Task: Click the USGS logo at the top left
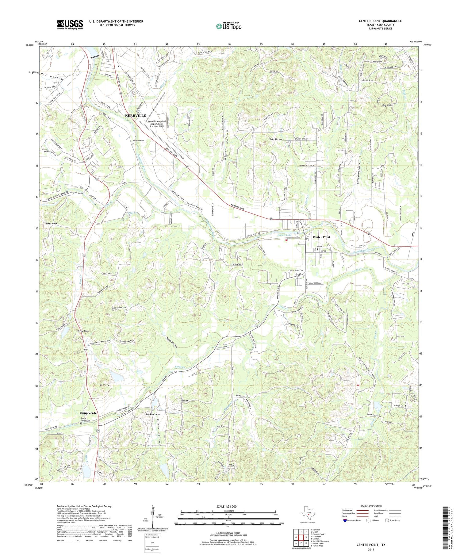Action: click(x=70, y=25)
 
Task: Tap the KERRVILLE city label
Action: click(x=135, y=116)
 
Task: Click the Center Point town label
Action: click(x=321, y=237)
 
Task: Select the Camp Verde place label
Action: click(x=88, y=413)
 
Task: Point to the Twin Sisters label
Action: click(x=276, y=140)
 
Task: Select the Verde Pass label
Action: click(x=83, y=331)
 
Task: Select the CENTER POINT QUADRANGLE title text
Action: click(x=380, y=21)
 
